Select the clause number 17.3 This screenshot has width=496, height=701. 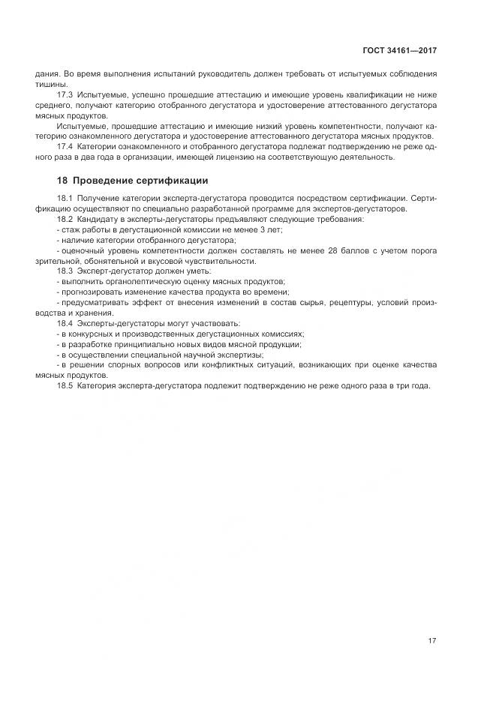(x=65, y=97)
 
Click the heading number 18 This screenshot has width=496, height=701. (x=62, y=181)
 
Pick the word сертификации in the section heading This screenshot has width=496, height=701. (x=176, y=181)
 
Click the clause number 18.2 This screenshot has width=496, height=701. (x=65, y=219)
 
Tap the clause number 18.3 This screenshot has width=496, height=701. (x=65, y=271)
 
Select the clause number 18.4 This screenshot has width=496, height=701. (x=65, y=323)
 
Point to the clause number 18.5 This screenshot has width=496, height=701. (x=65, y=385)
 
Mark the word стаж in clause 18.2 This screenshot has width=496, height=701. (x=70, y=229)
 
